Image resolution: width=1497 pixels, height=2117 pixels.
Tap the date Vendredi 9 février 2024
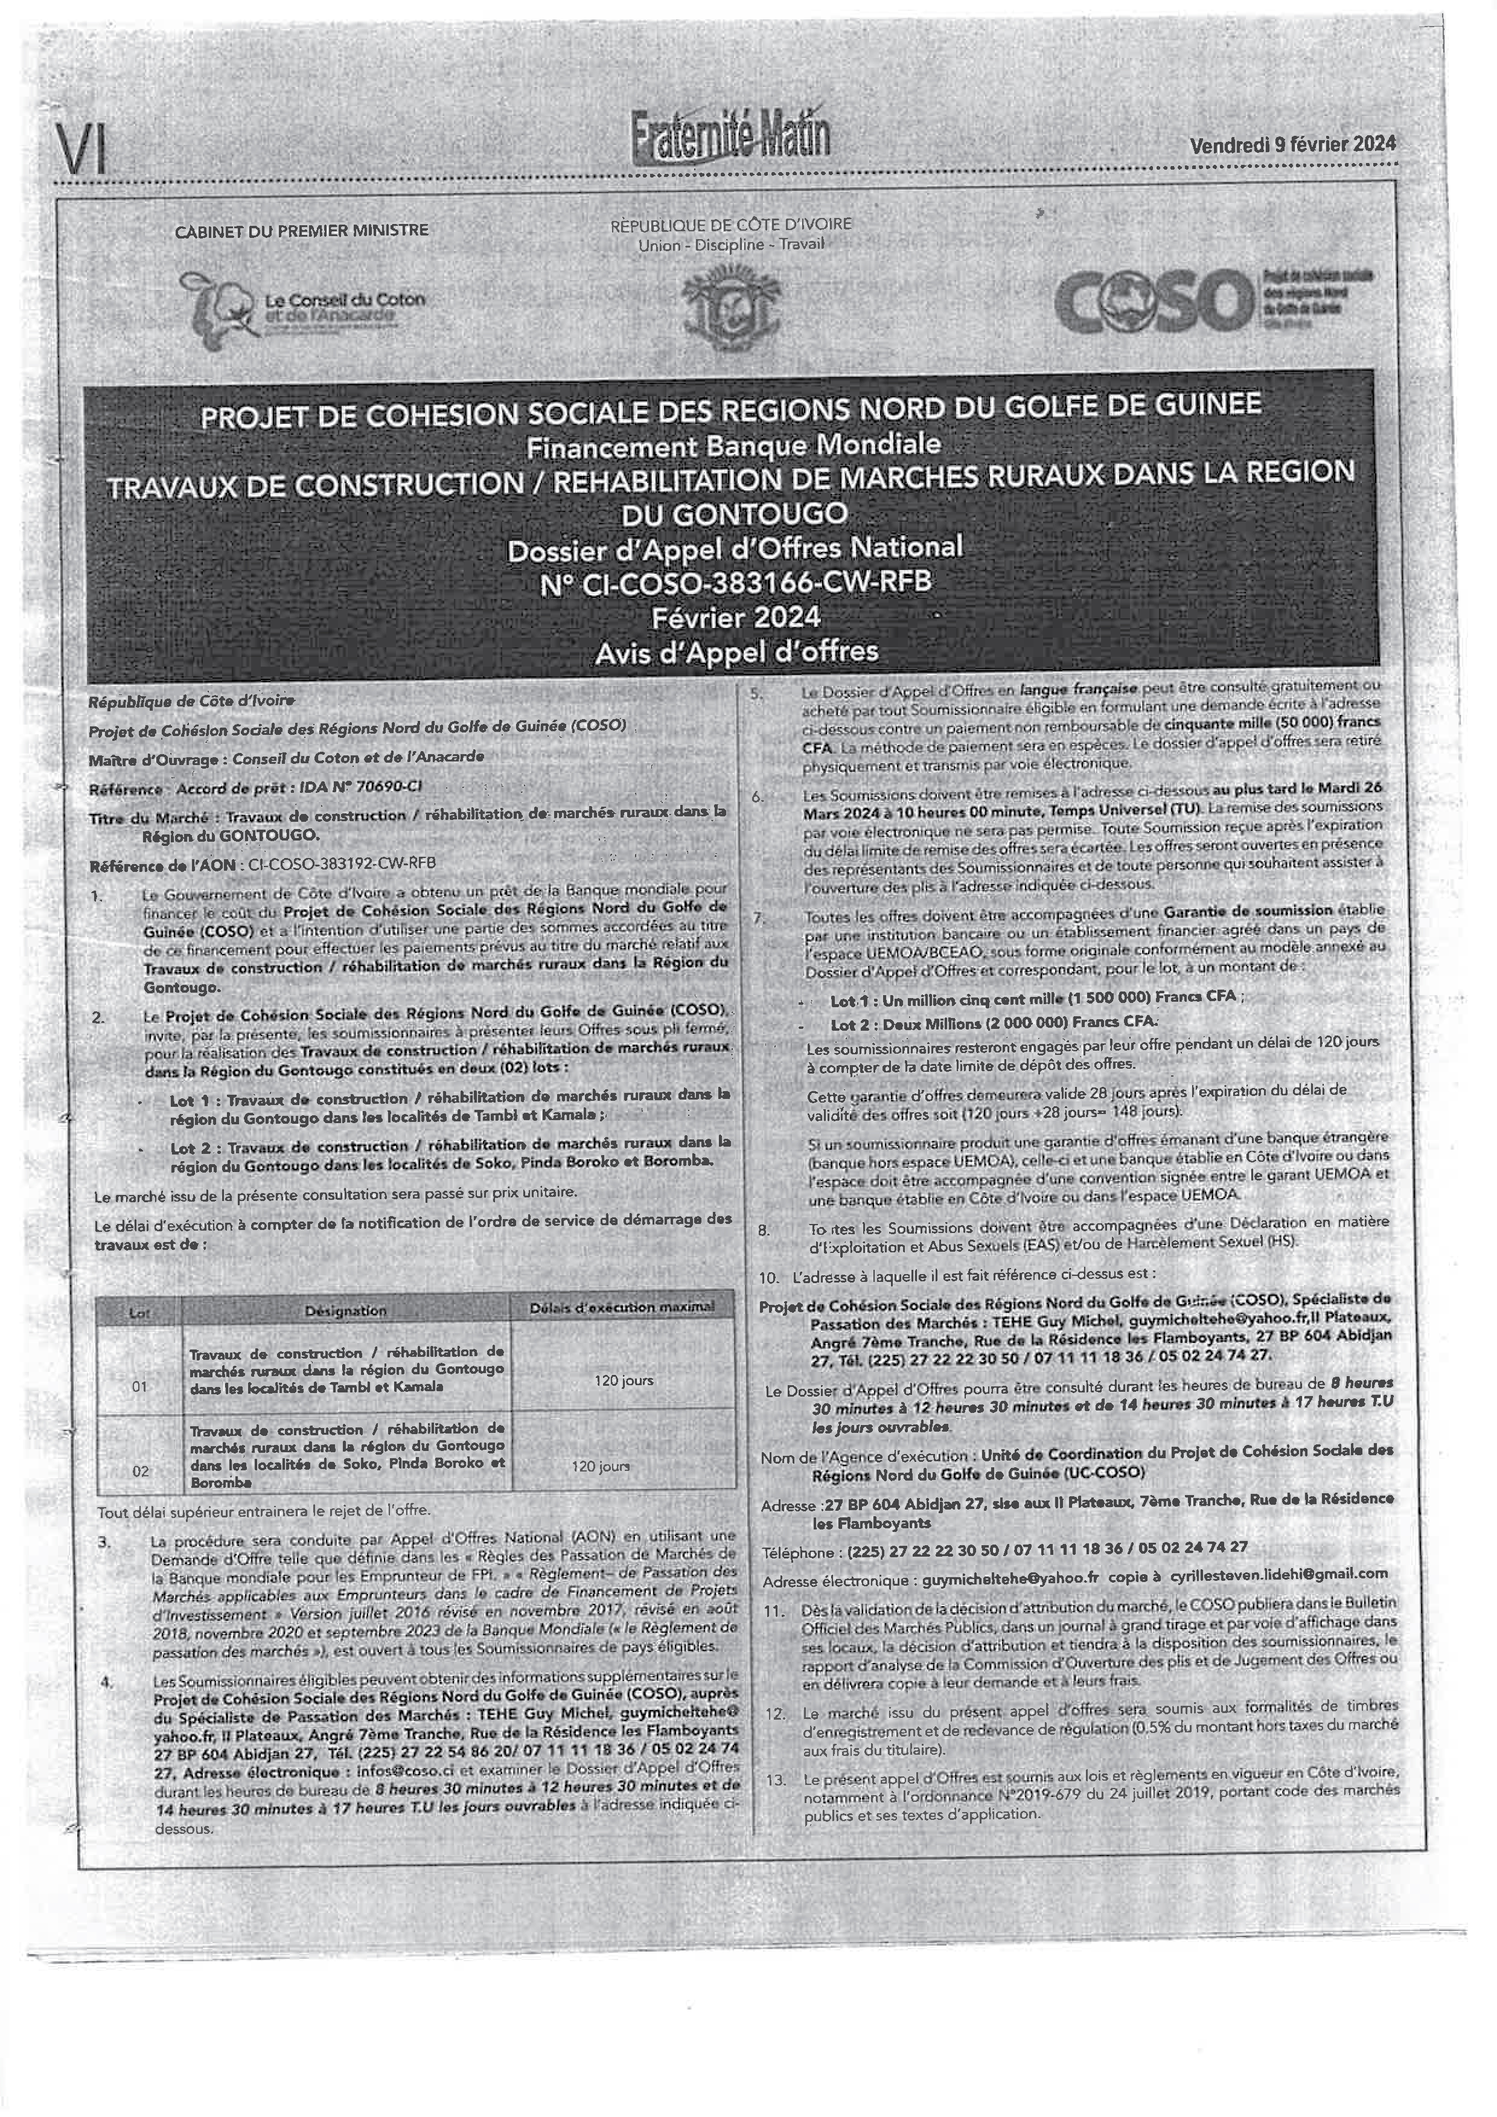(1292, 145)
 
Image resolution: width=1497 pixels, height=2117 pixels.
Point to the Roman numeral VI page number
(81, 149)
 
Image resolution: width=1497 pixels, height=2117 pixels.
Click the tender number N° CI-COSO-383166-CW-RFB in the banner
(735, 582)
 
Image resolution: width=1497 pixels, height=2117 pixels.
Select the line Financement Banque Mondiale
(734, 446)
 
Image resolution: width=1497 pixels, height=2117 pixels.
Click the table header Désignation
(346, 1310)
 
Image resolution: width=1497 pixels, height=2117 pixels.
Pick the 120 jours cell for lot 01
(623, 1380)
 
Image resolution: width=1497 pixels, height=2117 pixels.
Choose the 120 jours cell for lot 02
(601, 1466)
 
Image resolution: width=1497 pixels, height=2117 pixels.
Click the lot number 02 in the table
(140, 1472)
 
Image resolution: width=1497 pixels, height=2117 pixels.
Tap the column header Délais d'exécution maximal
(622, 1307)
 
